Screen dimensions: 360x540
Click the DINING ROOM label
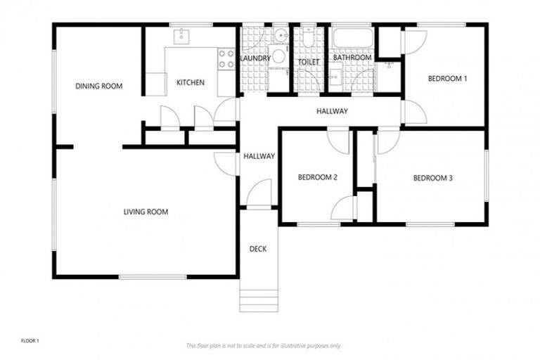pos(98,86)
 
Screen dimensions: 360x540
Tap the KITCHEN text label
pos(190,83)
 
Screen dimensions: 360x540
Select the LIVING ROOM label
pos(146,212)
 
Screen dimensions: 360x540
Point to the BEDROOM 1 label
pos(447,79)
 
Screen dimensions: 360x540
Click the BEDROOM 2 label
pos(317,177)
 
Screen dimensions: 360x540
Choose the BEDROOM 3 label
pos(432,179)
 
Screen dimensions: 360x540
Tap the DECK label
pos(258,249)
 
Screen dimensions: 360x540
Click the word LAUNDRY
pos(254,58)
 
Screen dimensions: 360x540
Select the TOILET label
pos(308,62)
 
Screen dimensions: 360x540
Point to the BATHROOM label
pos(352,58)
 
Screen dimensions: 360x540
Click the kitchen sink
pos(181,34)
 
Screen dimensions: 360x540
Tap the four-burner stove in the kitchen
pos(226,58)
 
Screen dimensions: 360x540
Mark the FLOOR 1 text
pos(30,341)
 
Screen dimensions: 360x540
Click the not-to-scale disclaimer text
pos(263,345)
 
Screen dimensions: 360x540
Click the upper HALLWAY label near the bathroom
pos(331,111)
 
